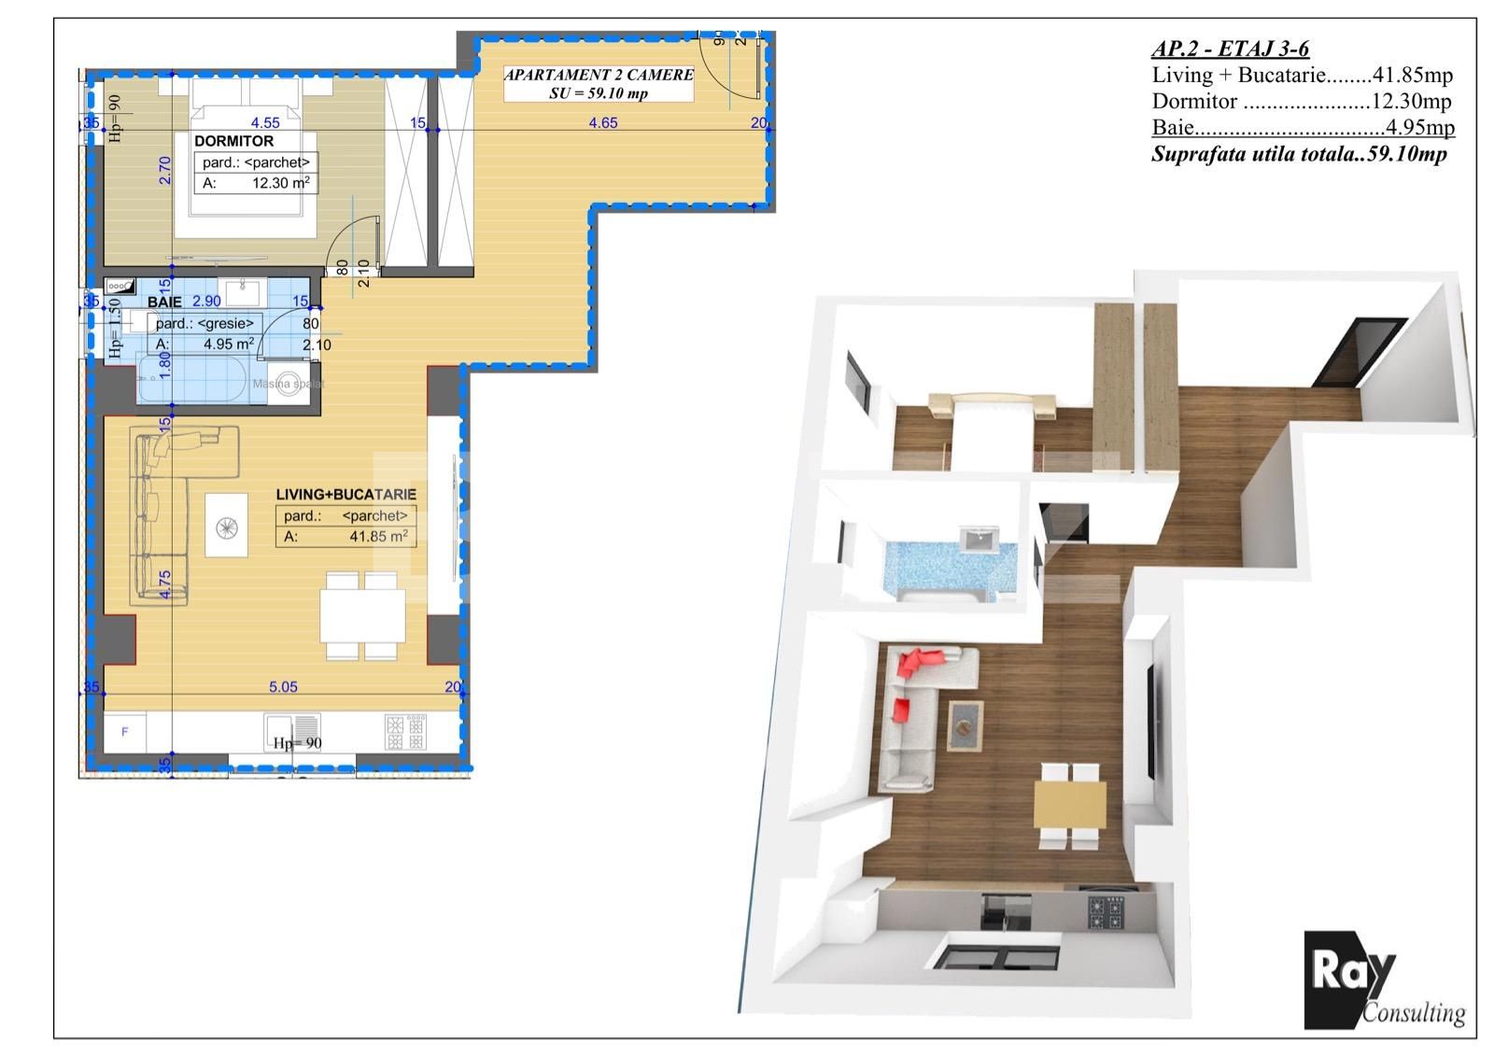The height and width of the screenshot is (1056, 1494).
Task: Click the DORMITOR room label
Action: point(233,141)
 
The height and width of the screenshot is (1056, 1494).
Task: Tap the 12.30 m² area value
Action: point(280,183)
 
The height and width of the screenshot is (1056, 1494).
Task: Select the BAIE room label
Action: point(164,303)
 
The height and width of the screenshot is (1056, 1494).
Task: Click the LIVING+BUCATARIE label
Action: point(345,494)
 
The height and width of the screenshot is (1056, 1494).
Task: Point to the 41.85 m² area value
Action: point(378,537)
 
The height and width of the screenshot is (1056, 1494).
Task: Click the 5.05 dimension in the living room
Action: point(283,687)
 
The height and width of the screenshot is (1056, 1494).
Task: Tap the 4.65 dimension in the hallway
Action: point(602,122)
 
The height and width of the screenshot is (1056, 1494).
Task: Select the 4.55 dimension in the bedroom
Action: point(265,122)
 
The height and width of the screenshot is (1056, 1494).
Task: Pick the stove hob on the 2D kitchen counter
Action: point(406,731)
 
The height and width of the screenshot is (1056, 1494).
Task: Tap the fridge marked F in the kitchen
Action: point(125,731)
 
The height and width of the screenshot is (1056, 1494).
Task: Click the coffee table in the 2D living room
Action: point(227,526)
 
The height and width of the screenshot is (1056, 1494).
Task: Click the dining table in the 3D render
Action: point(1069,805)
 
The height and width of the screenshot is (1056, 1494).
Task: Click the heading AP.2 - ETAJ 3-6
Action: point(1230,49)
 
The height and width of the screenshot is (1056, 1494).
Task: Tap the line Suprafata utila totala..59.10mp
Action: point(1299,155)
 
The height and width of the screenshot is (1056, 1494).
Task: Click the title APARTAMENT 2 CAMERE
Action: point(599,75)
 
